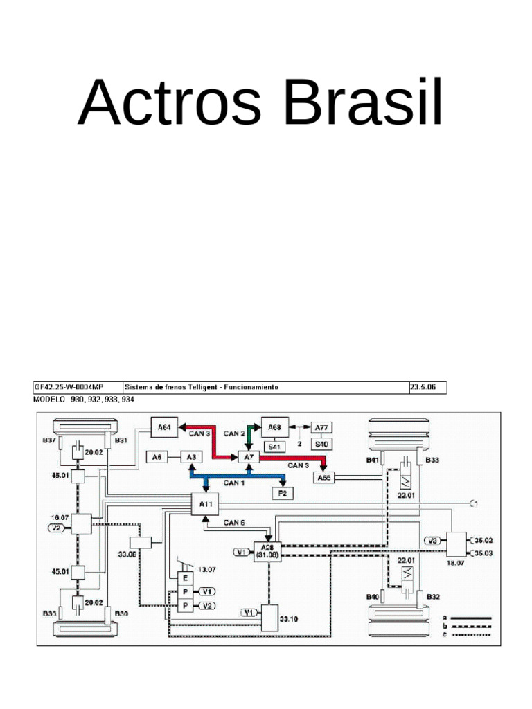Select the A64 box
[164, 429]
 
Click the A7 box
[248, 457]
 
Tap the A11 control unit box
[206, 504]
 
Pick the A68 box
[274, 427]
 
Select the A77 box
[321, 427]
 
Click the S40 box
[321, 444]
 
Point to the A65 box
[323, 478]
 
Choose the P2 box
[283, 493]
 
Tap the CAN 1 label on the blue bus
[233, 483]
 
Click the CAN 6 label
[233, 523]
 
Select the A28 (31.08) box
[267, 550]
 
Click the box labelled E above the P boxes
[186, 578]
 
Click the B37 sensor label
[48, 440]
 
